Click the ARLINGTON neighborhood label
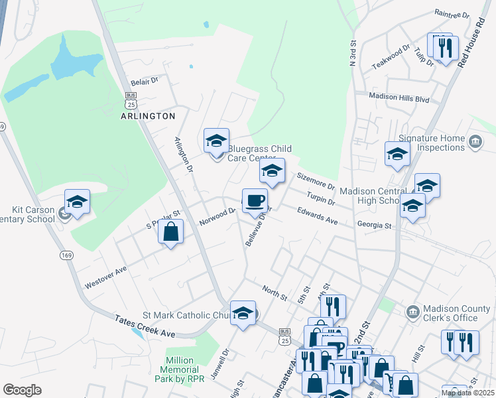148,115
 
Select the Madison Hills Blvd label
400,98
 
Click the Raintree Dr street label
451,13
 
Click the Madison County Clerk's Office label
450,313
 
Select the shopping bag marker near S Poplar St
171,232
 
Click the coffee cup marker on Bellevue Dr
255,201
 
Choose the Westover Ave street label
105,278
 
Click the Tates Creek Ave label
145,326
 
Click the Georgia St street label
375,226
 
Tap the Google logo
22,390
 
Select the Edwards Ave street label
318,218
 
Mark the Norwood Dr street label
217,216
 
